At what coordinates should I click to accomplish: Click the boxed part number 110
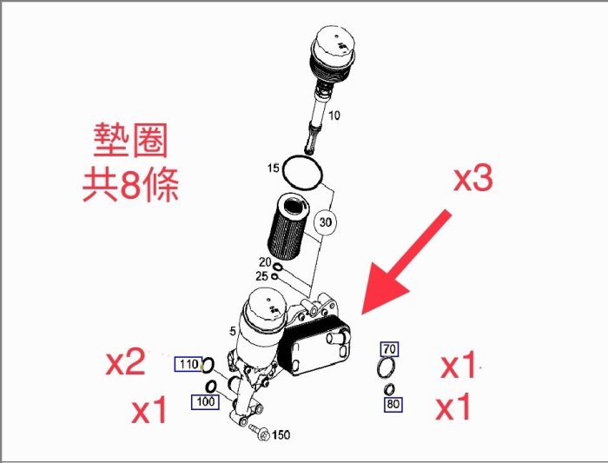(188, 364)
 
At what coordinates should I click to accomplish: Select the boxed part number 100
(205, 401)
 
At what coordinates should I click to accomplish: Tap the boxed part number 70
(389, 349)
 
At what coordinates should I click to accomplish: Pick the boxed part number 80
(393, 404)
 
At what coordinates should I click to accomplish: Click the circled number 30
(326, 222)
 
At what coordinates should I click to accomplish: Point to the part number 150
(281, 434)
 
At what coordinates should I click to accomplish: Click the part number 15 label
(273, 168)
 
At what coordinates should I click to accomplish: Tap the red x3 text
(473, 179)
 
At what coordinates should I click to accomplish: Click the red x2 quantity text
(126, 361)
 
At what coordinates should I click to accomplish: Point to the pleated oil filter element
(288, 227)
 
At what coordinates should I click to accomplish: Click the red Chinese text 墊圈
(130, 140)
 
